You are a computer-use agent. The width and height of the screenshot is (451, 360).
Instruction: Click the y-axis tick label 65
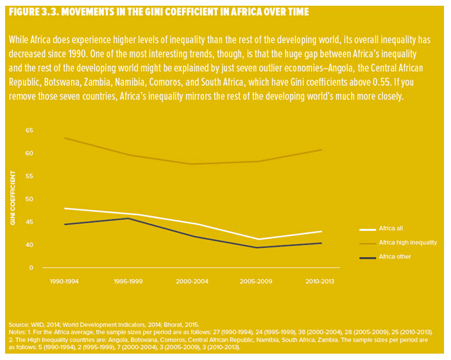tap(29, 130)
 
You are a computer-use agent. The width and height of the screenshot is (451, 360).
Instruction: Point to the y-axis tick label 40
tap(29, 245)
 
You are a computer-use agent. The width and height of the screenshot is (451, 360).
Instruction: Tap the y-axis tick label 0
tap(31, 268)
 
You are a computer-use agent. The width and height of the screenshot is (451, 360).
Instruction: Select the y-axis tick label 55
tap(29, 176)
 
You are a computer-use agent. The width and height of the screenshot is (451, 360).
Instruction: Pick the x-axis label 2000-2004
tap(192, 280)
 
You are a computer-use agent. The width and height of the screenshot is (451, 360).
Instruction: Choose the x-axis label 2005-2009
tap(256, 280)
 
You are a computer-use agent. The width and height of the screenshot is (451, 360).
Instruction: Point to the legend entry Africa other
tap(395, 256)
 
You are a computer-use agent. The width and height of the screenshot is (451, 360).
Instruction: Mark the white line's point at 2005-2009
tap(256, 239)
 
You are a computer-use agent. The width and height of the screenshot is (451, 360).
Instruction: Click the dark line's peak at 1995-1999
tap(128, 218)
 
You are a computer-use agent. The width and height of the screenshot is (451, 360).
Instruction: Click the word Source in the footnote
tap(18, 324)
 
